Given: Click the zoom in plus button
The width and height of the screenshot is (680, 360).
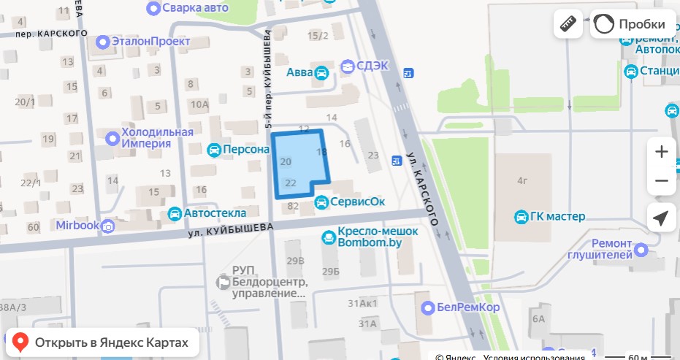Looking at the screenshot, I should (661, 152).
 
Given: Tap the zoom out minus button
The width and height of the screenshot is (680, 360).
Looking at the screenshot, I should (661, 181).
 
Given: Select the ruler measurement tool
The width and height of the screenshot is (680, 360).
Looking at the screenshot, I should (568, 24).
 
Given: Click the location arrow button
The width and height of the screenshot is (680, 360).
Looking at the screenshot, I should (661, 218).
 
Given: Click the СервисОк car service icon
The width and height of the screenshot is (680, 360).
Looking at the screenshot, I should (321, 202).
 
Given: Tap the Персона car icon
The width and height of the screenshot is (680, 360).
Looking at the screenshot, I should (214, 150).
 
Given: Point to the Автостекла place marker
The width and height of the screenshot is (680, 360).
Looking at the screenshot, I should (175, 214).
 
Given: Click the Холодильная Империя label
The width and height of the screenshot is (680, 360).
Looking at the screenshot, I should (156, 137).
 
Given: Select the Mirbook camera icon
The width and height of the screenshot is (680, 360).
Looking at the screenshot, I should (108, 226).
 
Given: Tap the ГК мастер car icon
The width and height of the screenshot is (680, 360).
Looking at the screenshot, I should (522, 217).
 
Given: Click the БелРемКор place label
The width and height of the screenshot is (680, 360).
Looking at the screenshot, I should (467, 307).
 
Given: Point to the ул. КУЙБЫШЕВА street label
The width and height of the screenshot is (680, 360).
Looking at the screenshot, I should (230, 230).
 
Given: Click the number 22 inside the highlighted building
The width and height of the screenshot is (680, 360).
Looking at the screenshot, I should (290, 183).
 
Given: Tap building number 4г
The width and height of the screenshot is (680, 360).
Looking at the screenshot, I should (522, 180).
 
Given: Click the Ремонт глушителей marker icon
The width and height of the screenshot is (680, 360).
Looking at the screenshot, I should (641, 250).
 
